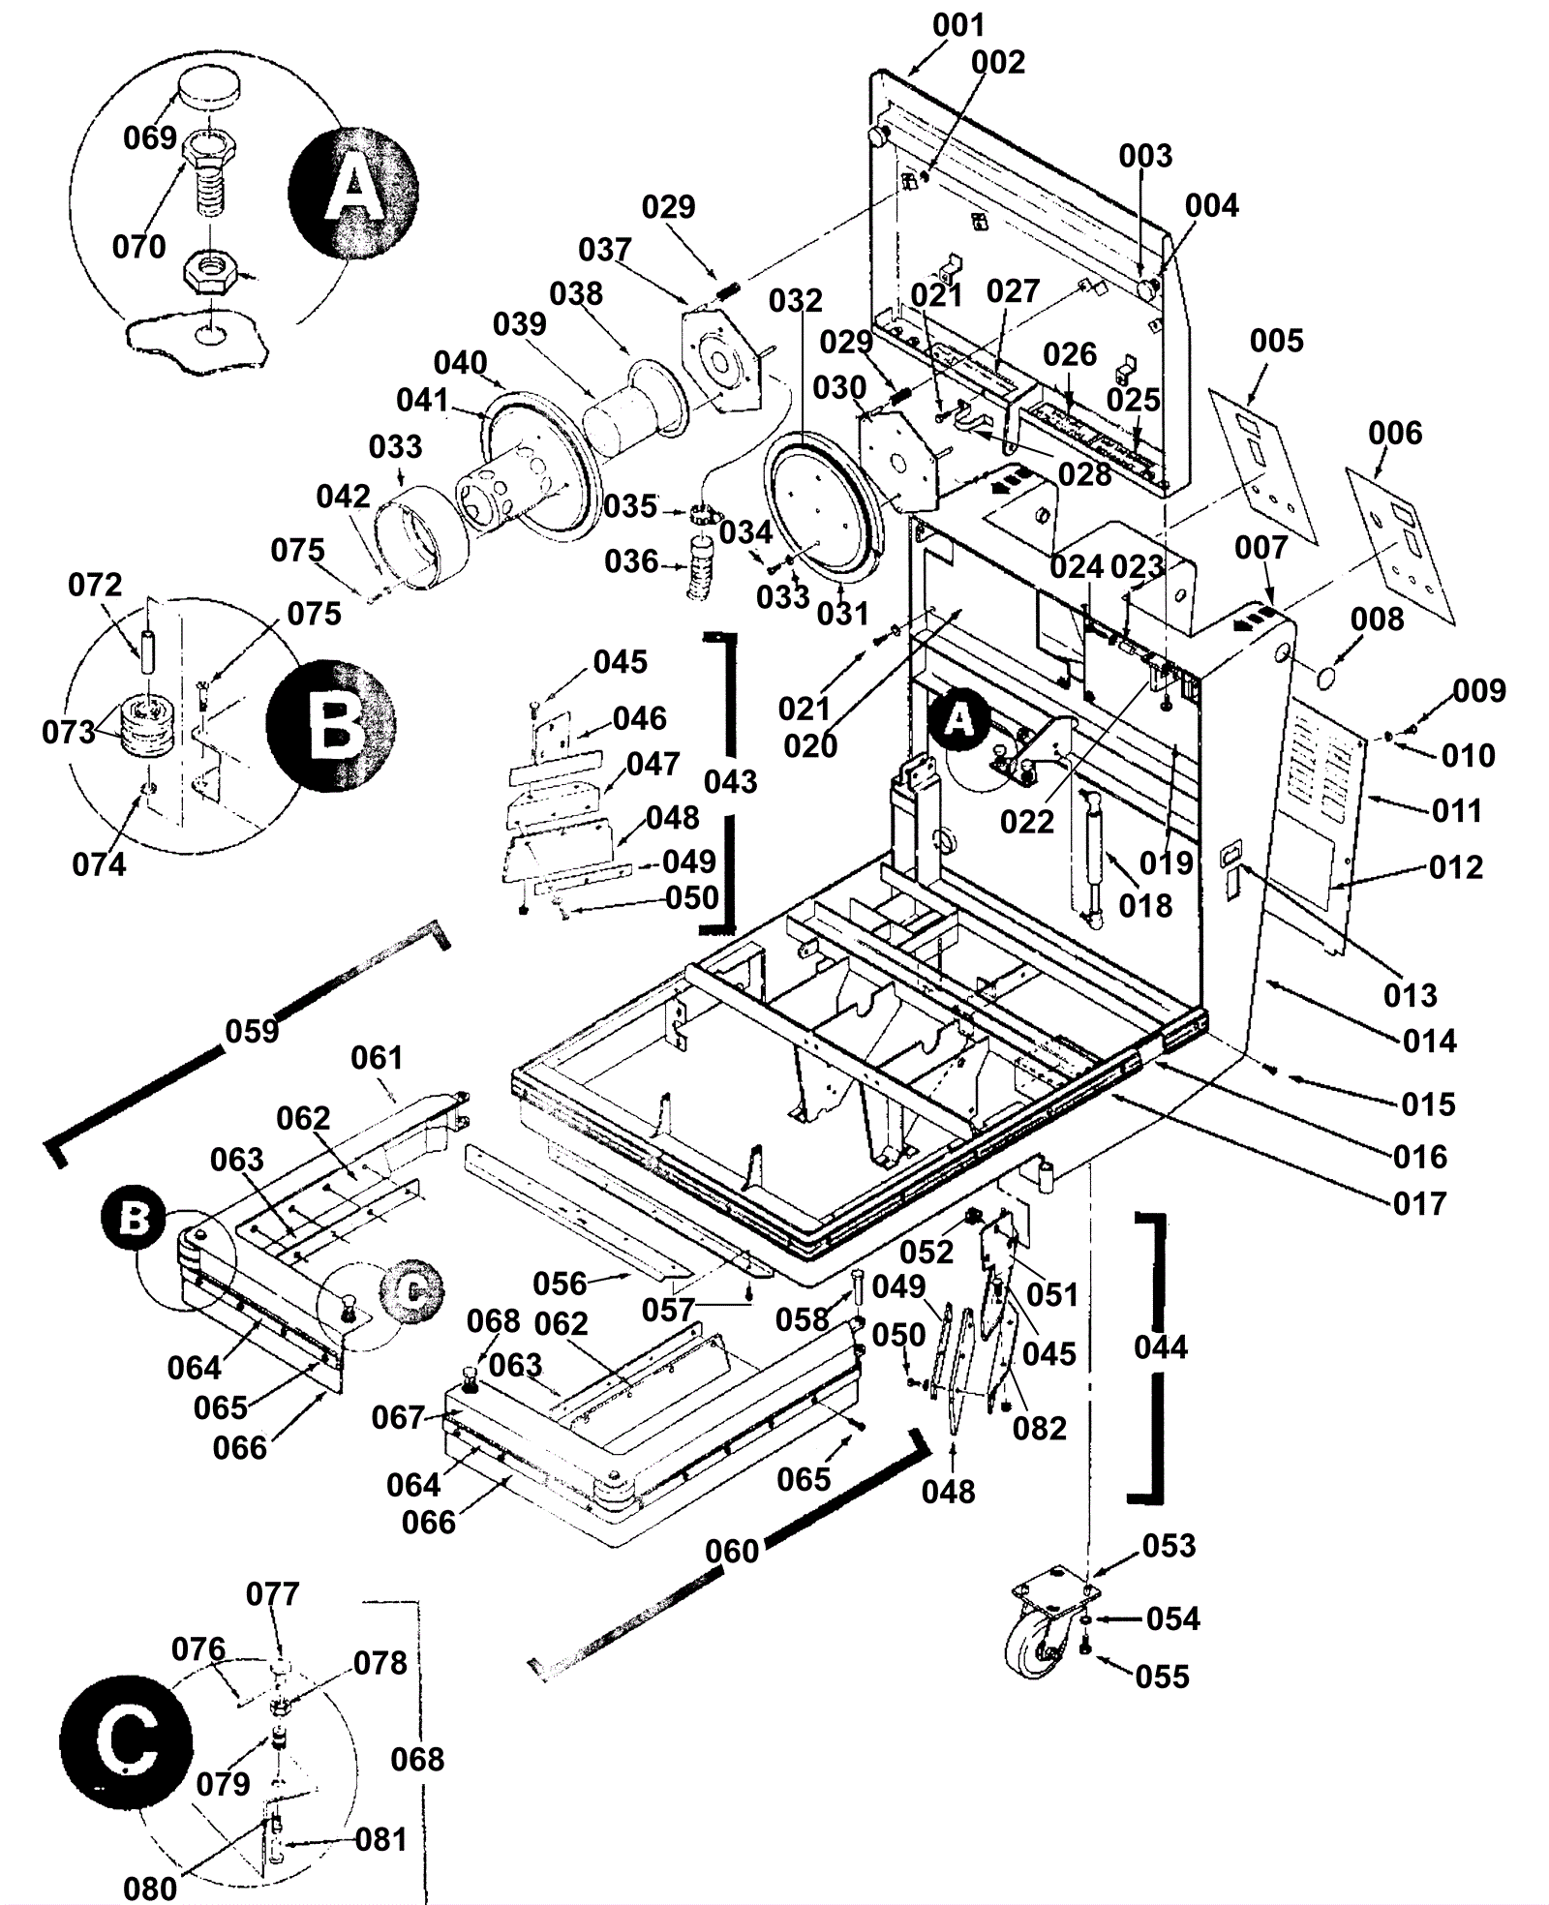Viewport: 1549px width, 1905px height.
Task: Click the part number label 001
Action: pos(957,25)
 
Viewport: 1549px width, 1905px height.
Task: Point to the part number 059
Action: pos(252,1032)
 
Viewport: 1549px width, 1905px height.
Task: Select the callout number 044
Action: pos(1160,1346)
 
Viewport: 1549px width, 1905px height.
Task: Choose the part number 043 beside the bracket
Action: pos(730,781)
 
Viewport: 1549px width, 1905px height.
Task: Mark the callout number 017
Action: pos(1419,1203)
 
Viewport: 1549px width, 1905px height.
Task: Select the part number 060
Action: pos(732,1552)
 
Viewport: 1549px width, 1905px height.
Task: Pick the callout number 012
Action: pos(1455,867)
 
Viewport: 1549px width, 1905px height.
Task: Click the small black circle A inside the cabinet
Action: pos(958,718)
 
